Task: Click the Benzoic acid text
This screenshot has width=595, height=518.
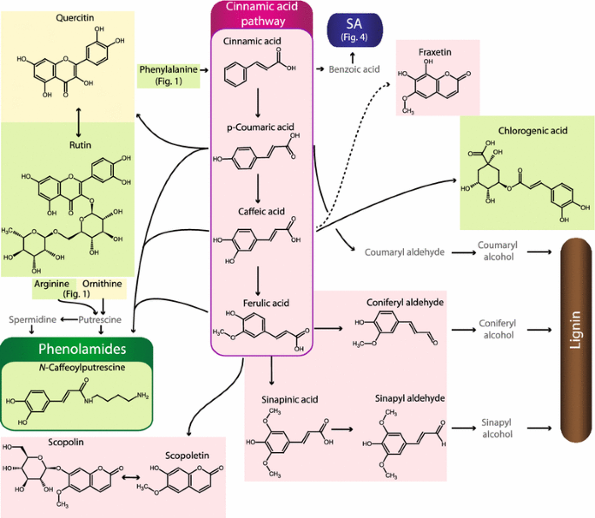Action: pos(354,68)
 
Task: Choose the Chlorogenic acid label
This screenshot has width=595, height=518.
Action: pos(532,131)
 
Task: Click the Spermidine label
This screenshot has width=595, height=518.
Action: pos(32,319)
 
